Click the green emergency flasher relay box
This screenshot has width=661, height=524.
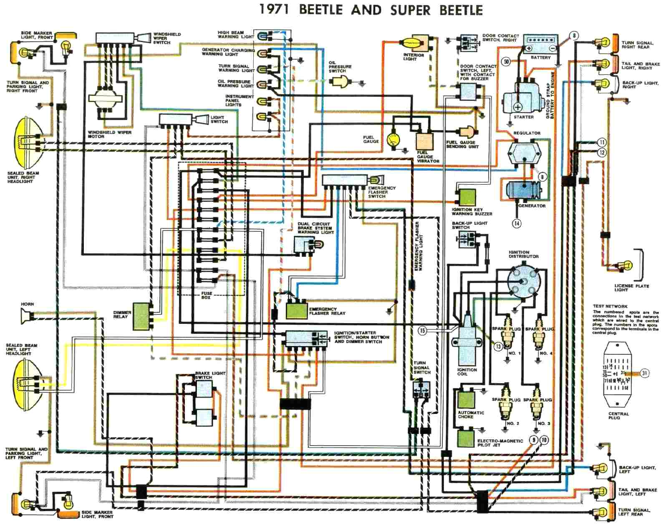click(x=296, y=310)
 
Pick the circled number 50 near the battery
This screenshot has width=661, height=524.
click(x=507, y=62)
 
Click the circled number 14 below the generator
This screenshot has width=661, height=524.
click(x=517, y=223)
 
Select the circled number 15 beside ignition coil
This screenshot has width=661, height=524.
click(x=422, y=331)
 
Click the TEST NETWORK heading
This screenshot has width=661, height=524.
click(x=610, y=306)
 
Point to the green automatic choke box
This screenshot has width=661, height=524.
click(x=466, y=399)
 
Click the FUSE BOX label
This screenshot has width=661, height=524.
click(x=206, y=295)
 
